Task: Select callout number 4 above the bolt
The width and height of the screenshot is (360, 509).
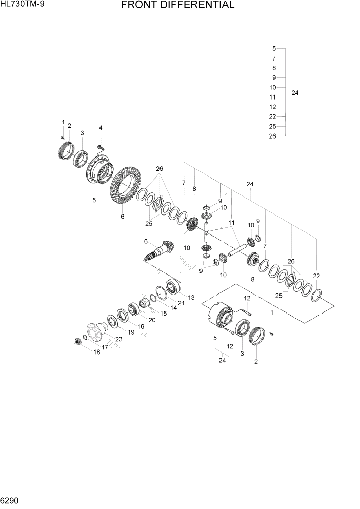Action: (x=101, y=128)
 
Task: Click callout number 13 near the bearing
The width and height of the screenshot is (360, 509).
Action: (x=191, y=297)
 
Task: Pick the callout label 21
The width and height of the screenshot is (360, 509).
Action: (x=181, y=303)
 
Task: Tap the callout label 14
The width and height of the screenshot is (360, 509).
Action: (x=173, y=308)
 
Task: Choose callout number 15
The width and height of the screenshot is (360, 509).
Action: (x=163, y=314)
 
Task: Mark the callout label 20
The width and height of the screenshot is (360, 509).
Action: (x=152, y=320)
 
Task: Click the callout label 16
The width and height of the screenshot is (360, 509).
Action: (x=141, y=326)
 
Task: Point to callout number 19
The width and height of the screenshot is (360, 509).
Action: (x=131, y=332)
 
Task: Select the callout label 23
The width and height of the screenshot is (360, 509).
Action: (x=118, y=339)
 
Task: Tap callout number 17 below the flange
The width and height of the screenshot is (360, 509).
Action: (x=105, y=347)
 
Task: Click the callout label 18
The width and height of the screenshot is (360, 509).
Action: (x=96, y=352)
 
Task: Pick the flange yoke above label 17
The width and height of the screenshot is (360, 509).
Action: (x=95, y=330)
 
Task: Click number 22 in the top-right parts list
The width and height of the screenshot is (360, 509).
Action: (x=273, y=116)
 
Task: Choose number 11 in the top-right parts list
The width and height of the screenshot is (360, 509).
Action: (x=273, y=97)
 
